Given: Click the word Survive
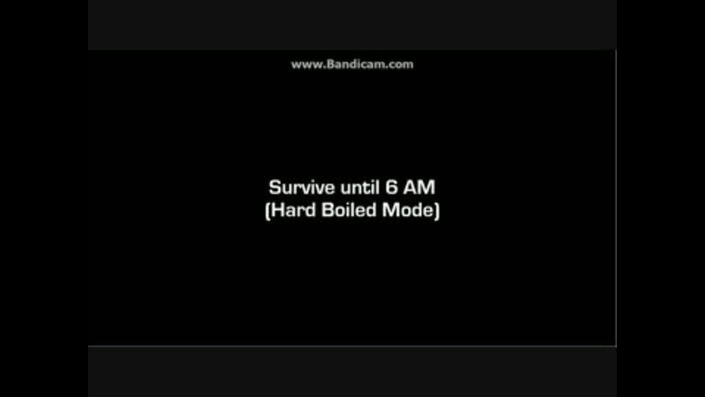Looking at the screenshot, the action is point(302,187).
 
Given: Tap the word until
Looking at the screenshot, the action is point(360,187).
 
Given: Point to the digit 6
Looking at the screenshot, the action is point(391,187).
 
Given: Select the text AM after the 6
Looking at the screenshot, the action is point(419,187).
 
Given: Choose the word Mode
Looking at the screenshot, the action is point(408,210).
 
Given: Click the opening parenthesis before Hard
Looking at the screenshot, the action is point(267,211).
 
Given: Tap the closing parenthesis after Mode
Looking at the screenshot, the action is point(437,211).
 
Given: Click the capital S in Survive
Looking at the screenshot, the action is point(275,187).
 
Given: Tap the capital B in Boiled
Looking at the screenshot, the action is point(328,210).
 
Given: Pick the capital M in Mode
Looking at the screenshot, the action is point(390,210).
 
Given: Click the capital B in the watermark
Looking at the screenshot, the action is point(330,65).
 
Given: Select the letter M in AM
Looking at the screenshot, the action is point(427,187).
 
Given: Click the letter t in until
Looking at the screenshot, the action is point(365,188).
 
